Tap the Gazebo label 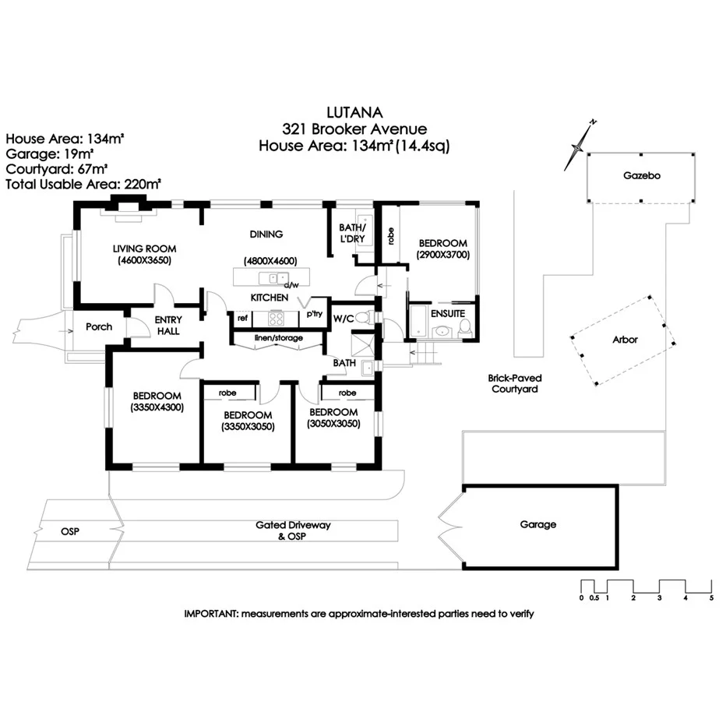(642, 176)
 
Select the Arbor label (625, 340)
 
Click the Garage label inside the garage (538, 524)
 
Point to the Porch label (99, 326)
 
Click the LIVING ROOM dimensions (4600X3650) (144, 260)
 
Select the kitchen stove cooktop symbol (277, 317)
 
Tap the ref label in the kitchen (242, 318)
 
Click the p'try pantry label (315, 315)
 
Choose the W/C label (344, 318)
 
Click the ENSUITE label (448, 313)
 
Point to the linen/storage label (277, 338)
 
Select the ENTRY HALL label (167, 326)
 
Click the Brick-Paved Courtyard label (515, 383)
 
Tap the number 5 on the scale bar (711, 598)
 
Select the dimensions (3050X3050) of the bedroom (333, 425)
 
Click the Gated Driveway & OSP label (293, 530)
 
